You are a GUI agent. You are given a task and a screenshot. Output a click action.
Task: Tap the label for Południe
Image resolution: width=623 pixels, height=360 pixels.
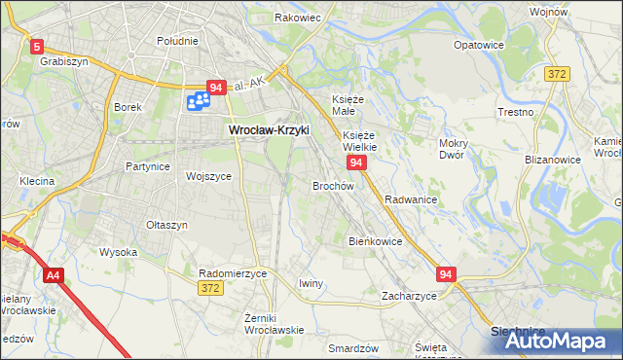177,41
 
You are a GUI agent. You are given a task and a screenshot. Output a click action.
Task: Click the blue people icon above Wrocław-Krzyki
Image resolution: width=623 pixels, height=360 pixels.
200,99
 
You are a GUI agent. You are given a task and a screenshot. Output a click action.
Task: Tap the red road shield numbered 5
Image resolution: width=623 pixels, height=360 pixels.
37,46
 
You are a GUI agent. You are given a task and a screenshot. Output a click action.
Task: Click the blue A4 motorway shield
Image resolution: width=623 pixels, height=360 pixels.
55,276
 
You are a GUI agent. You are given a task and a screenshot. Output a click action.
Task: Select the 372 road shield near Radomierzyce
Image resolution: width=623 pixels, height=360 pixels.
209,289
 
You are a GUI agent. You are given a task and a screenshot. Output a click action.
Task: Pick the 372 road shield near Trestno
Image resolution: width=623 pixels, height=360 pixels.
557,75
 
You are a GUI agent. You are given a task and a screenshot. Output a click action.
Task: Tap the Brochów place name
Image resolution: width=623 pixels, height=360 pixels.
332,185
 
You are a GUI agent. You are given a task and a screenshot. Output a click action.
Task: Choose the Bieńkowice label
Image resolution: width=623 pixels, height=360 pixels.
375,240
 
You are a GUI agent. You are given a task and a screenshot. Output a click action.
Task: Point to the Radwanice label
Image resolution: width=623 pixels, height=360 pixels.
410,198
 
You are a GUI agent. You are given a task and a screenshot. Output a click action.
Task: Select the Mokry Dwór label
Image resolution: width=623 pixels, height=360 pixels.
454,149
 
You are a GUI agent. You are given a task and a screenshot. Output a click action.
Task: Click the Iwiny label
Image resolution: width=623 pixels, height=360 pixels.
311,283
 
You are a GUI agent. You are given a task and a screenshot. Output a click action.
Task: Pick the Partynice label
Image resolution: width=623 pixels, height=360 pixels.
148,166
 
